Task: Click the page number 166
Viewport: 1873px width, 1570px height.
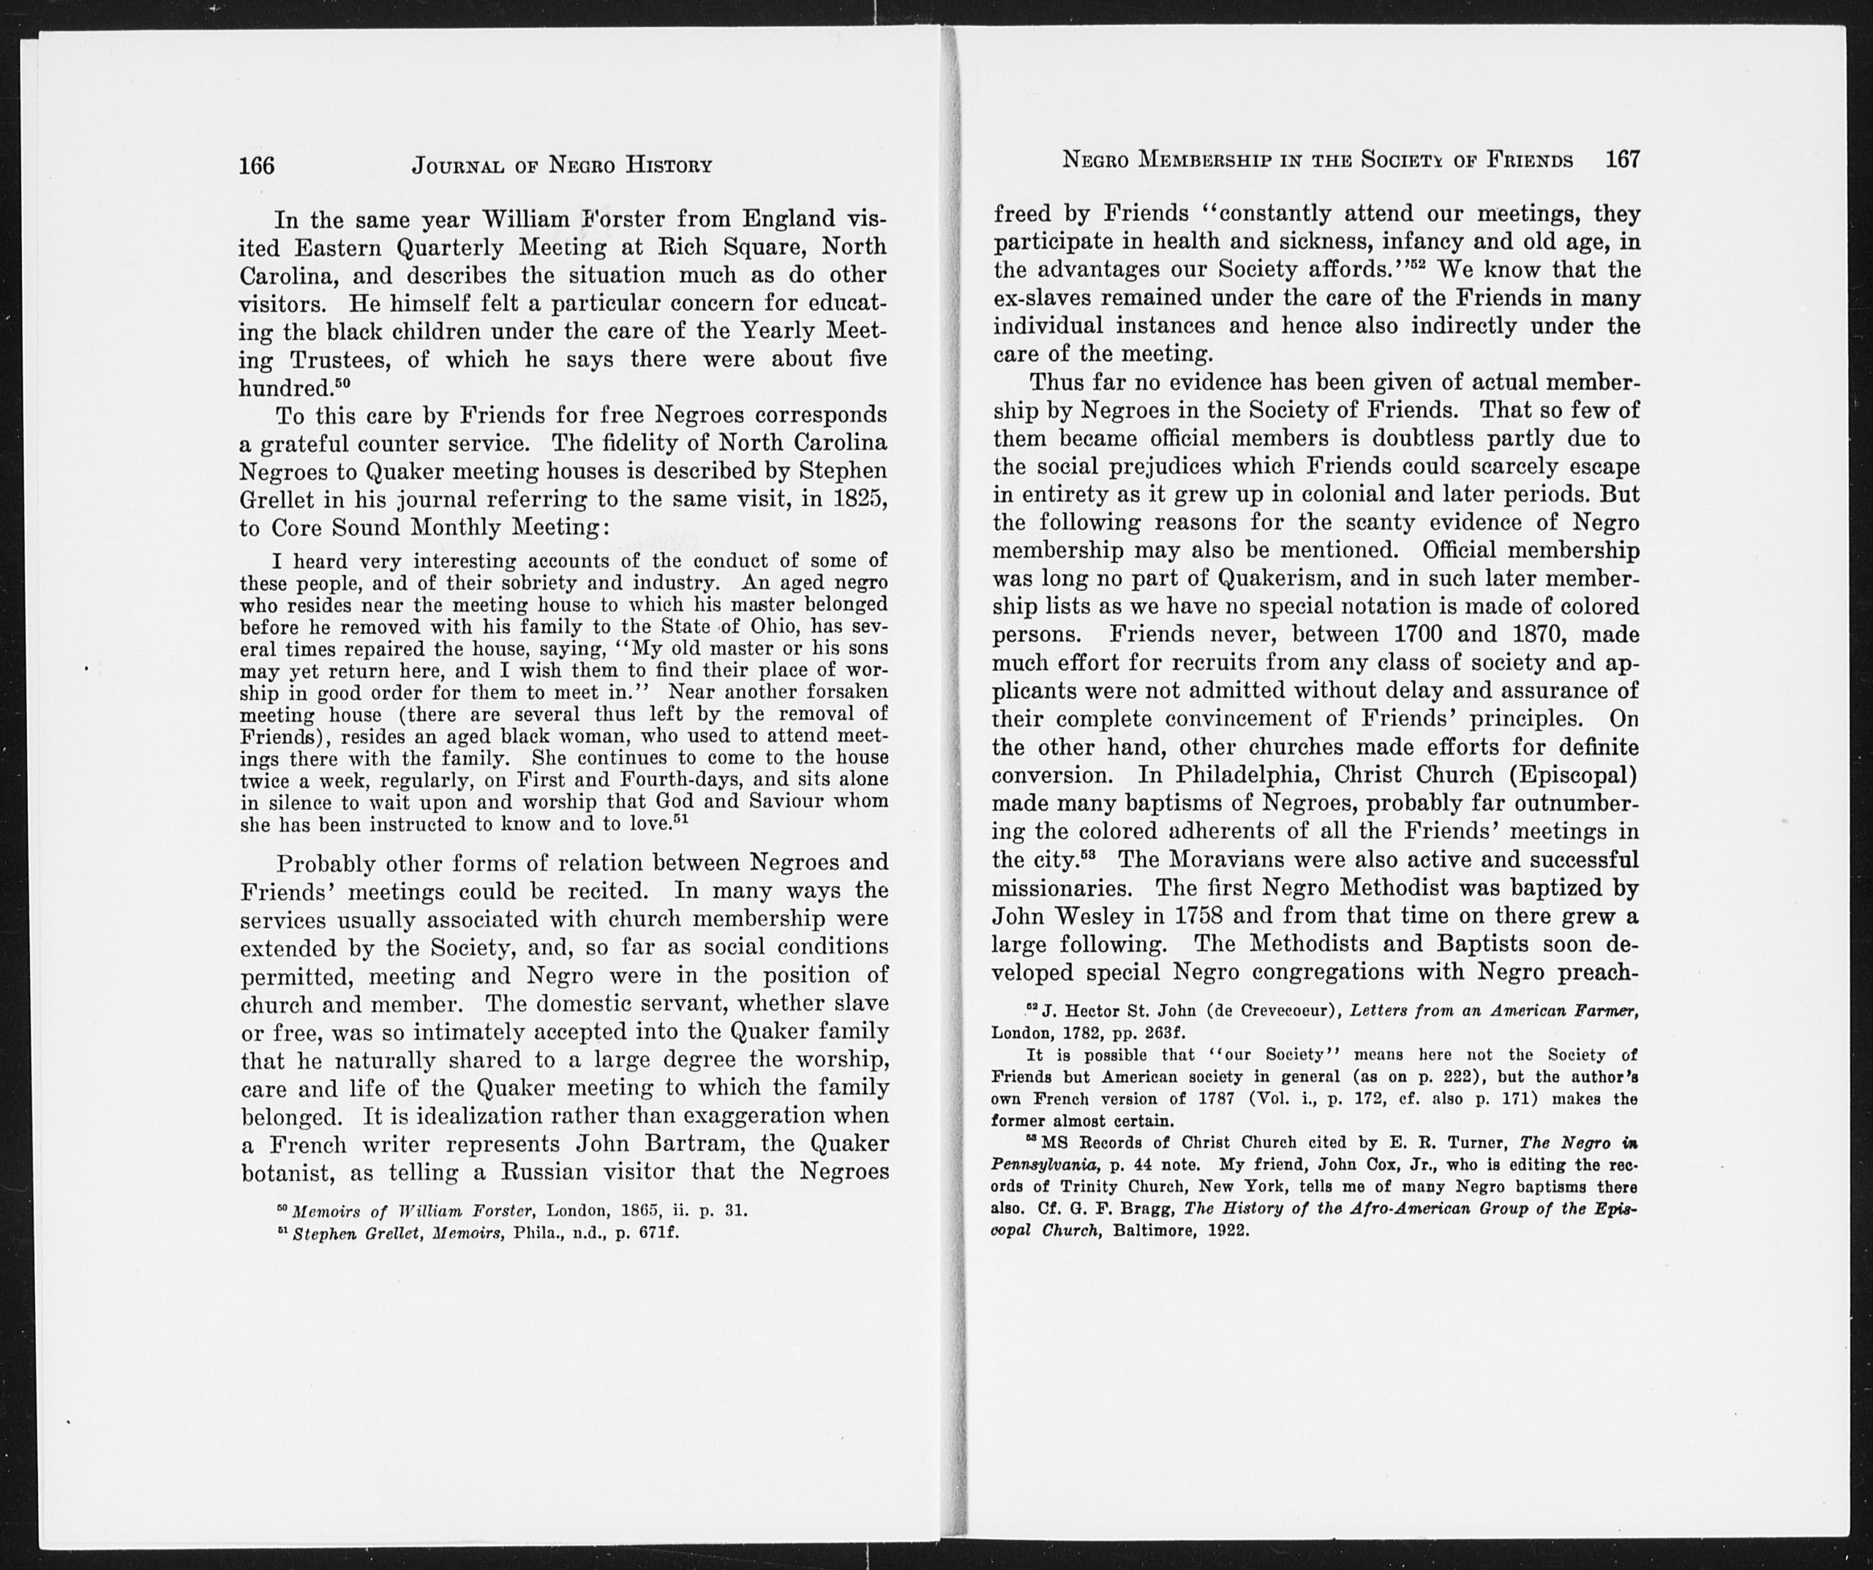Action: coord(257,165)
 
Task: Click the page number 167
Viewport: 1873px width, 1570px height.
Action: coord(1621,159)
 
